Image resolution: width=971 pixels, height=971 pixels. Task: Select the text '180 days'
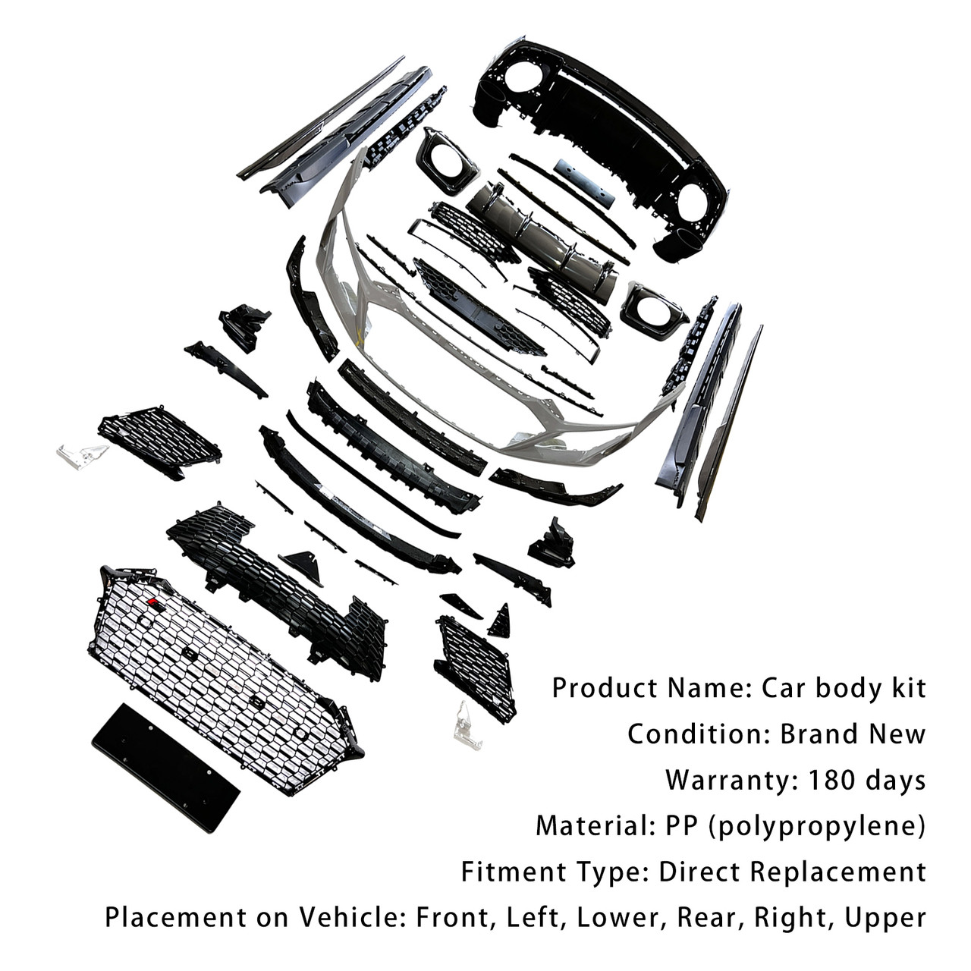coord(867,781)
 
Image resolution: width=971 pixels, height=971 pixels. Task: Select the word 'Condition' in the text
coord(696,734)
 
